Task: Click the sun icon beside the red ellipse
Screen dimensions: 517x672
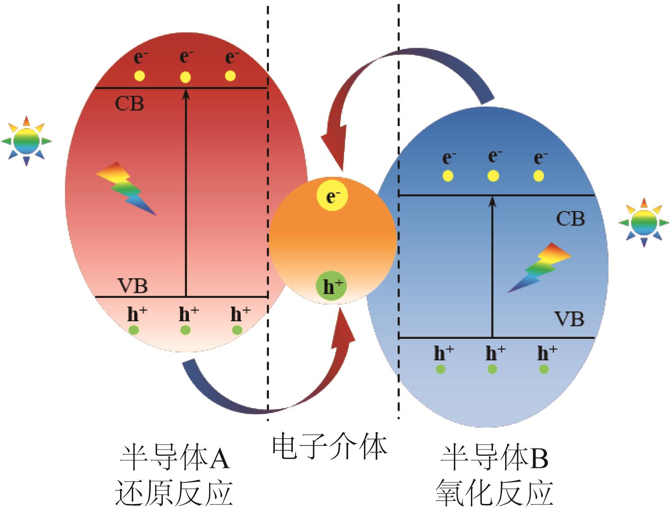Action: [27, 141]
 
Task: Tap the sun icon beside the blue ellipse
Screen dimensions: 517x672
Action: [644, 222]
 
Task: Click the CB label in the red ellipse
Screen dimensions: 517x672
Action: [129, 104]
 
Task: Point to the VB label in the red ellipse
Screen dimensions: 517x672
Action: [132, 286]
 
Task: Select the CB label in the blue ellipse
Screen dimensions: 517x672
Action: [570, 219]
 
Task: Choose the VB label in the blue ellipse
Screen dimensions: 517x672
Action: [569, 319]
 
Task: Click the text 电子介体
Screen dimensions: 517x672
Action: [330, 446]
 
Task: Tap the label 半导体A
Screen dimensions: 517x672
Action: [175, 458]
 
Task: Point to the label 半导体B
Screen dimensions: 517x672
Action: [494, 458]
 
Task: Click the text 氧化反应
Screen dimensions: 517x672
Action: [494, 493]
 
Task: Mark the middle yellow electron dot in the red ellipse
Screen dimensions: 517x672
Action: [185, 77]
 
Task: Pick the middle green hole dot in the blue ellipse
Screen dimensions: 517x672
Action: [492, 369]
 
